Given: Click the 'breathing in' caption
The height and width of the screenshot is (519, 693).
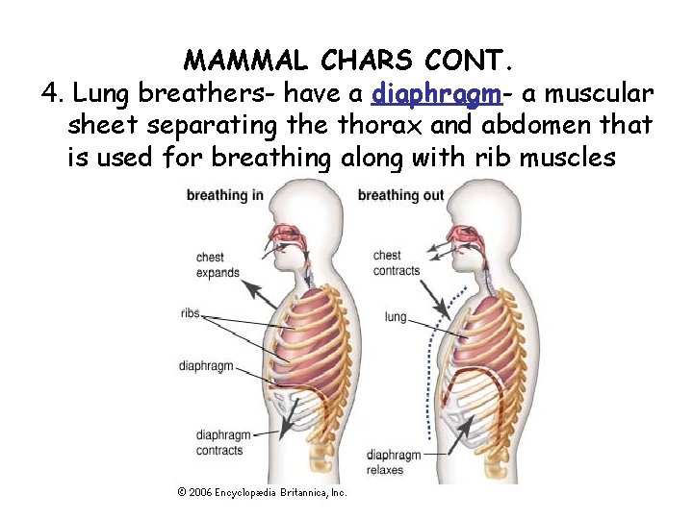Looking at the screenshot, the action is [224, 195].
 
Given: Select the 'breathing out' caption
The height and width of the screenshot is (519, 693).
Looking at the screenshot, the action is [400, 195].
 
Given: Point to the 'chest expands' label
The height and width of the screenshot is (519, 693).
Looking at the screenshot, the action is [218, 265].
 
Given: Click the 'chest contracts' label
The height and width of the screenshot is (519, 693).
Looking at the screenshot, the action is [396, 262].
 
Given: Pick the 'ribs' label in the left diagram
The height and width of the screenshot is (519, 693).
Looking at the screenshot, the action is [190, 313].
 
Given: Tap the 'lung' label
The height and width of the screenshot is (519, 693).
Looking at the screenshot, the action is [396, 316].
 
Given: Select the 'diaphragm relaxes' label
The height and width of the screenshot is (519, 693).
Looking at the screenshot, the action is [394, 462].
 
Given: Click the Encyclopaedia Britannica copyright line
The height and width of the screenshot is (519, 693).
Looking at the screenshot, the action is [262, 492].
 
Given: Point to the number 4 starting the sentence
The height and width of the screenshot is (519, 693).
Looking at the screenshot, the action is [51, 94].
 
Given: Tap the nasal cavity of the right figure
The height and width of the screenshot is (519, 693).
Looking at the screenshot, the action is [467, 235].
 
